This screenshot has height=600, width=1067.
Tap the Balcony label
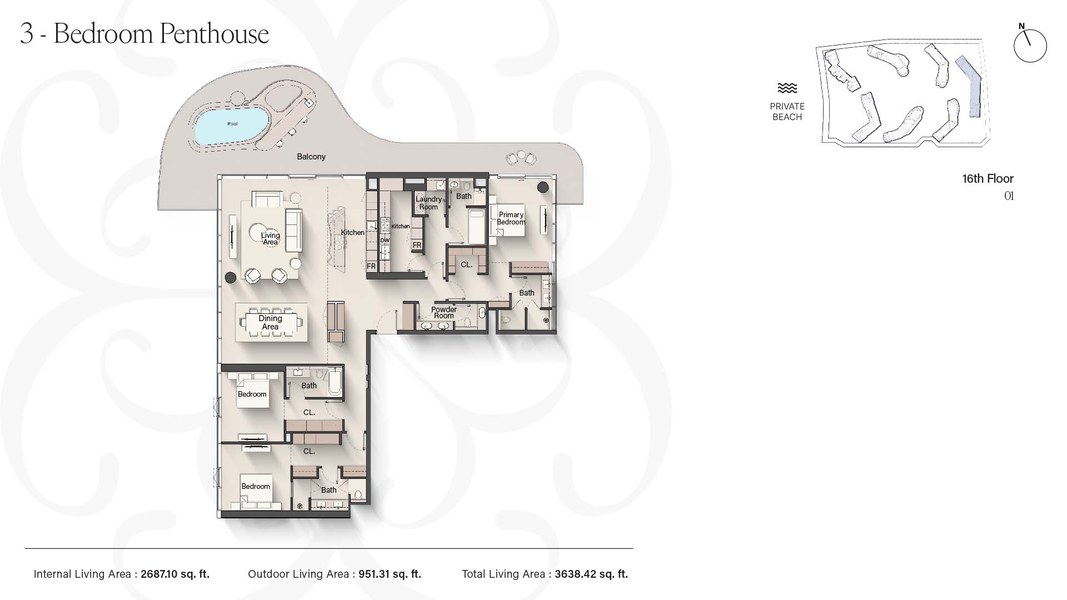pyautogui.click(x=311, y=157)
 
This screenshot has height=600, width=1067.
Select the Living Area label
pyautogui.click(x=271, y=238)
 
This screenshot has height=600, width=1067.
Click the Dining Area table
pyautogui.click(x=271, y=322)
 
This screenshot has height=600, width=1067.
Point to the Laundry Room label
pyautogui.click(x=428, y=203)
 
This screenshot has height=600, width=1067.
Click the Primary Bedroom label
pyautogui.click(x=511, y=218)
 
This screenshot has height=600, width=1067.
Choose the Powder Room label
pyautogui.click(x=444, y=313)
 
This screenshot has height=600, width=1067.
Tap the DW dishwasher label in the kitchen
pyautogui.click(x=385, y=241)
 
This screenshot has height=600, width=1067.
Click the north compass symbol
pyautogui.click(x=1030, y=45)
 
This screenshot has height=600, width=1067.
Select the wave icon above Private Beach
pyautogui.click(x=787, y=88)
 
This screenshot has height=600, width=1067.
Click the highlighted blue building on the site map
pyautogui.click(x=969, y=86)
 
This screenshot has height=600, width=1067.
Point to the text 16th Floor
pyautogui.click(x=988, y=179)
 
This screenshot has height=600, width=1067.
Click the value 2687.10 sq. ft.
pyautogui.click(x=175, y=574)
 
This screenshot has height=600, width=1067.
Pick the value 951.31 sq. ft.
pyautogui.click(x=390, y=574)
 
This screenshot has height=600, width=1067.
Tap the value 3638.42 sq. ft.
pyautogui.click(x=591, y=574)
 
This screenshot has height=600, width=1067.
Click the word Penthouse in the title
pyautogui.click(x=215, y=34)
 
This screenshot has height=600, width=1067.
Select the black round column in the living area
pyautogui.click(x=230, y=277)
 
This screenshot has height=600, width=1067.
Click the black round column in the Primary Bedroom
pyautogui.click(x=543, y=187)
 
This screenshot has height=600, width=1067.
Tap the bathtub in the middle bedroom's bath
pyautogui.click(x=335, y=382)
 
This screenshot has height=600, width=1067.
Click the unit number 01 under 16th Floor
pyautogui.click(x=1009, y=196)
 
